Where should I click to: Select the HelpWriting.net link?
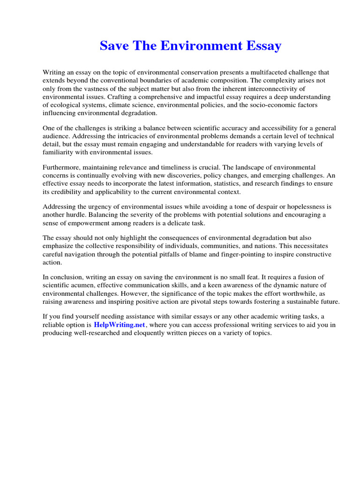(x=120, y=325)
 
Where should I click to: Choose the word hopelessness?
(x=303, y=207)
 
